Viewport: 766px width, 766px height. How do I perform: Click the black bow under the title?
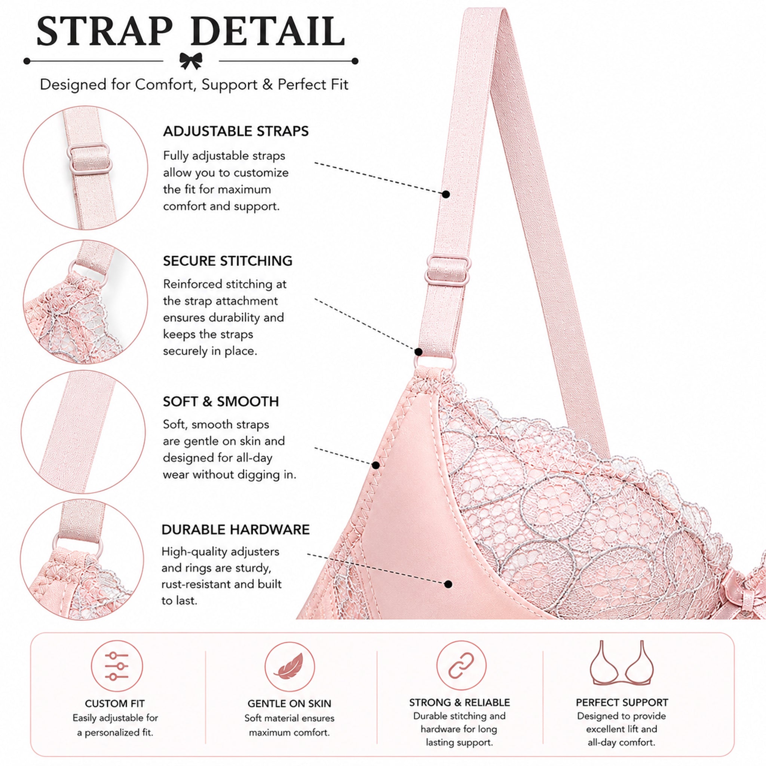(x=191, y=61)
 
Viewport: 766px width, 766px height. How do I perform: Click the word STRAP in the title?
(x=105, y=31)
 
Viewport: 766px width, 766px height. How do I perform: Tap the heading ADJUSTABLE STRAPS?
(x=236, y=131)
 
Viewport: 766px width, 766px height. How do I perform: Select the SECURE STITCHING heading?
(x=227, y=261)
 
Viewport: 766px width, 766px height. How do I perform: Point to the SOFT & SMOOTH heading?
(x=221, y=402)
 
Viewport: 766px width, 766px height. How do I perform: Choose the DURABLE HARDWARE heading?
(x=236, y=530)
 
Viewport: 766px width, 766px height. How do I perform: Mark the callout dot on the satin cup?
(x=448, y=584)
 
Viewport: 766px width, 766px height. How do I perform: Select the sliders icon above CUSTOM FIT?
(x=117, y=666)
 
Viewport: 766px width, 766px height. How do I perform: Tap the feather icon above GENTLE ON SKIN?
(x=289, y=667)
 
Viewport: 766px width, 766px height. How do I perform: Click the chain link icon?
(x=461, y=665)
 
